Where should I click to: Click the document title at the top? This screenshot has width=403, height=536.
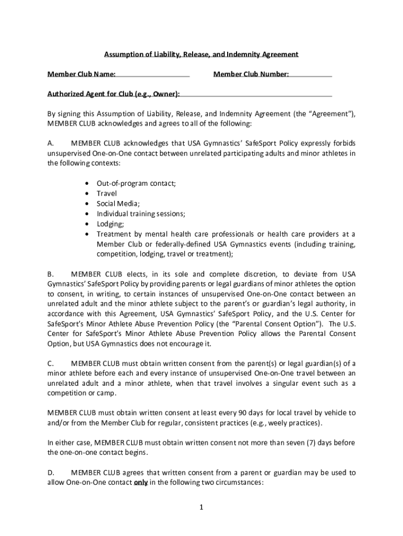click(201, 54)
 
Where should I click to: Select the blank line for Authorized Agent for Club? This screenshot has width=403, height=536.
click(256, 95)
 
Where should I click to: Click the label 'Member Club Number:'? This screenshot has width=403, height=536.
click(251, 74)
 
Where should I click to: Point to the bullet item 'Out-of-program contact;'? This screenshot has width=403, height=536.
click(136, 184)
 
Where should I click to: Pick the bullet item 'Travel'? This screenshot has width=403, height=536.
click(107, 194)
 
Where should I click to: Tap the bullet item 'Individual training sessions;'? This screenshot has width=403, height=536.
click(141, 214)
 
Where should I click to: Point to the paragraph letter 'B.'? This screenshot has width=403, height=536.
click(51, 274)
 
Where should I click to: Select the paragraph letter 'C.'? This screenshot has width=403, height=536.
click(51, 363)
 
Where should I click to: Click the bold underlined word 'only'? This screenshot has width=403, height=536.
click(140, 483)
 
